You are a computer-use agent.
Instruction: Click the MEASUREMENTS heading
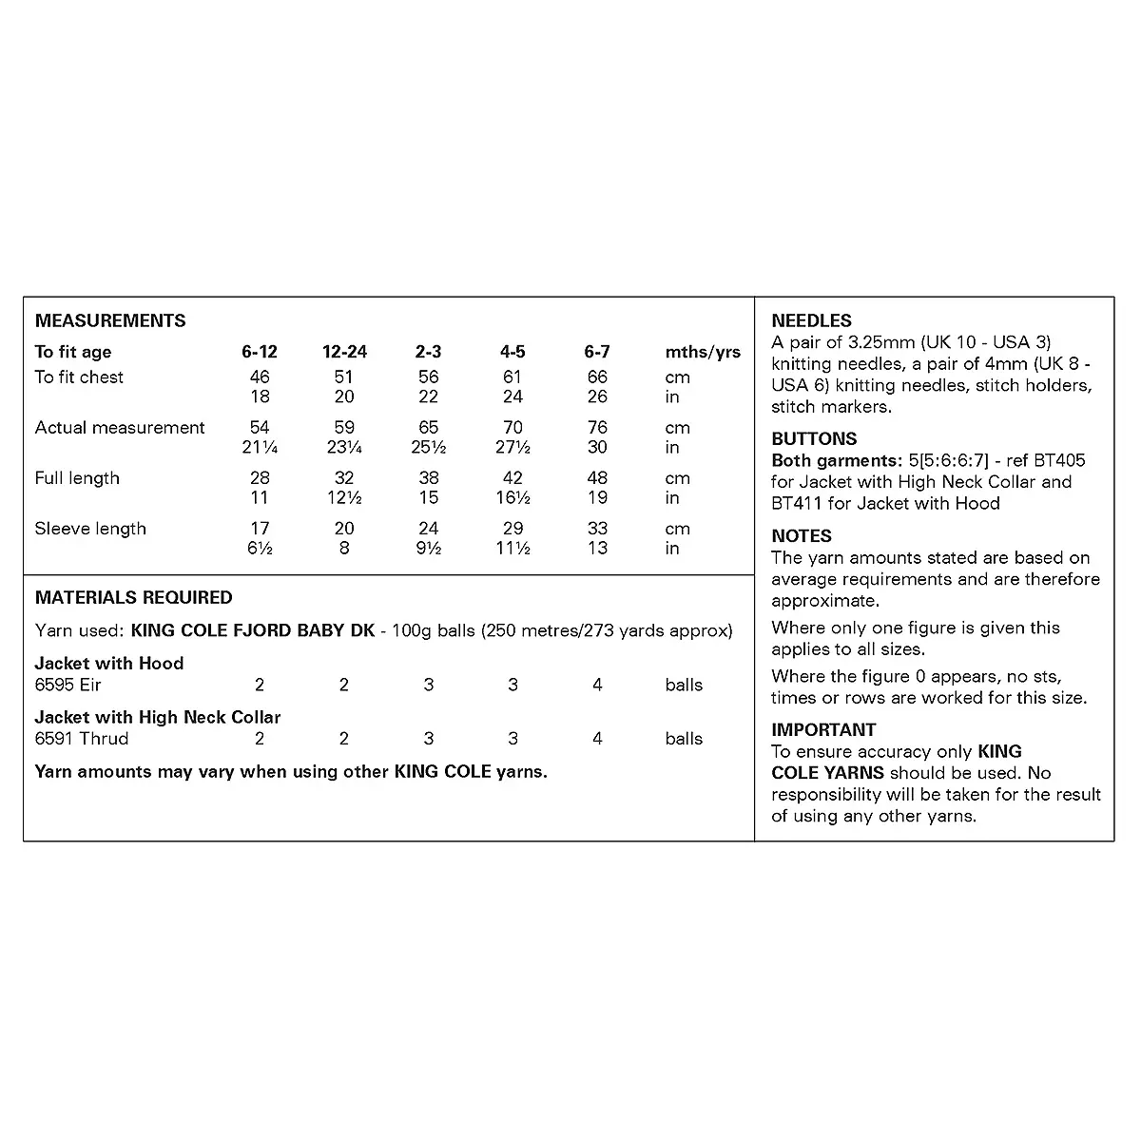(x=110, y=320)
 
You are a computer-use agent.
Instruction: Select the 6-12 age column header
(x=260, y=352)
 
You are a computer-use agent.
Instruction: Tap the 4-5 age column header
(x=512, y=352)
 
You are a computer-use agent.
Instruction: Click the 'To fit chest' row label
(x=79, y=377)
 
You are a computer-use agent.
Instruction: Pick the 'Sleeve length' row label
(x=90, y=529)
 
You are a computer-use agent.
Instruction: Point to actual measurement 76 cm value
(x=597, y=428)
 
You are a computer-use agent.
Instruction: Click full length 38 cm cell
(x=429, y=478)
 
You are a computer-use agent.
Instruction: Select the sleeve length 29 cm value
(x=512, y=529)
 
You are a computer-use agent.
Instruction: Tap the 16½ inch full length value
(x=512, y=498)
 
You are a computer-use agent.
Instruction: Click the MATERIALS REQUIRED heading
(x=133, y=597)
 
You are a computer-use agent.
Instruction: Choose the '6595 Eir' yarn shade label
(x=68, y=685)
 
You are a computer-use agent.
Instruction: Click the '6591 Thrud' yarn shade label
(x=82, y=739)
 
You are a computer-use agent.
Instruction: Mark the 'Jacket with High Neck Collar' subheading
(x=158, y=717)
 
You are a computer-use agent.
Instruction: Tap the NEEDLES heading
(x=811, y=320)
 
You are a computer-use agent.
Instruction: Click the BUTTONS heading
(x=814, y=438)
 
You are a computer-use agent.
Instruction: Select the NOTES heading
(x=802, y=535)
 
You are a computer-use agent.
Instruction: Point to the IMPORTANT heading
(x=823, y=729)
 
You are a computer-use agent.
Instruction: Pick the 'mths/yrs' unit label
(x=703, y=352)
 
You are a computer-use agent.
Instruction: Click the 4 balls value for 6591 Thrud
(x=597, y=739)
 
